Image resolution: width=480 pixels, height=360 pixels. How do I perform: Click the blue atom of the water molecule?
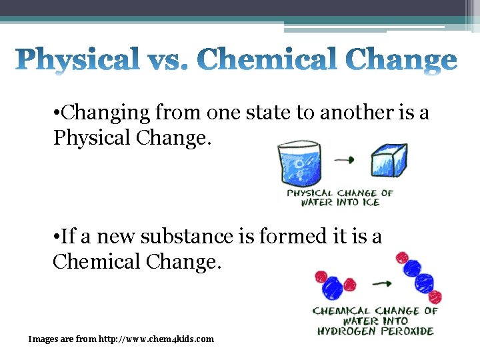click(333, 286)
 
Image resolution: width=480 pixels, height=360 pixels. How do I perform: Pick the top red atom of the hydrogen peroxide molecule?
click(401, 257)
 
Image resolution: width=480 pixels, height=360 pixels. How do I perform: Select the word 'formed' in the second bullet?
click(293, 236)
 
